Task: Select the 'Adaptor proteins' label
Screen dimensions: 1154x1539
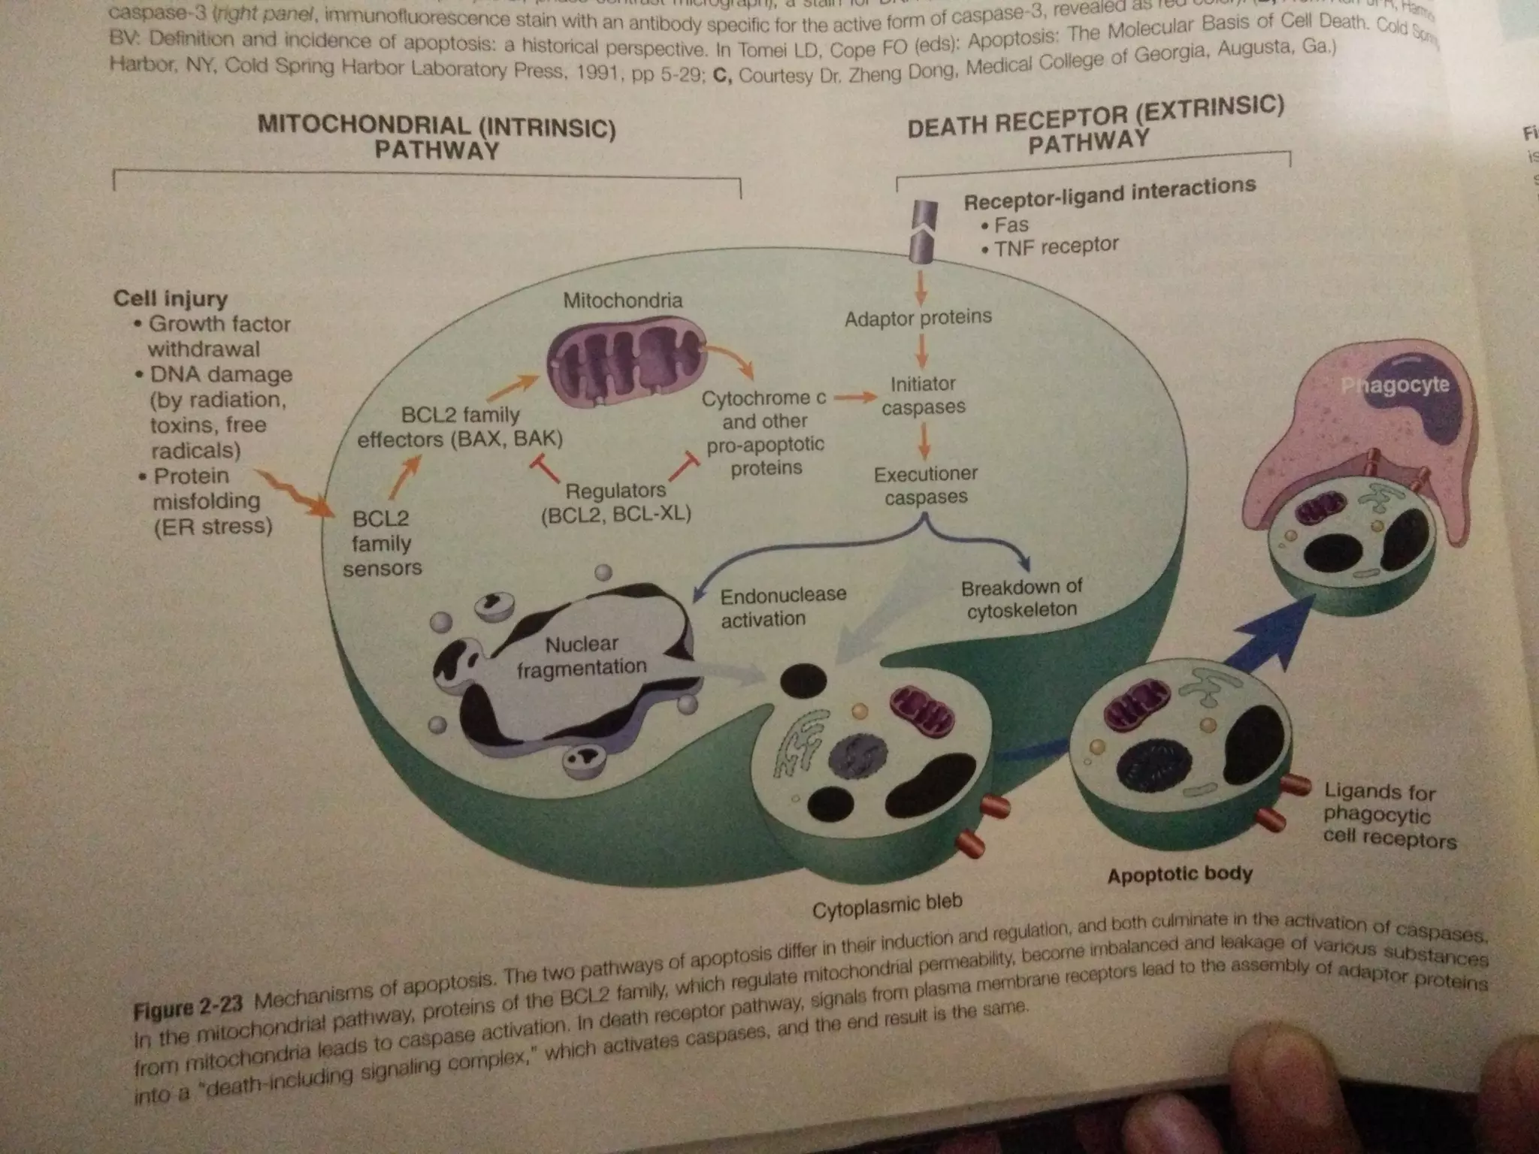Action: click(918, 318)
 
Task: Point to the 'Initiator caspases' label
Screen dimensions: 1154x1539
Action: click(923, 395)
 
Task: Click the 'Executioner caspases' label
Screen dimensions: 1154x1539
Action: click(925, 485)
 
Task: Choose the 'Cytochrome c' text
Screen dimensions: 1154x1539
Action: click(763, 397)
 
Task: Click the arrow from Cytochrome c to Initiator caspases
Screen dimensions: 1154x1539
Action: click(855, 397)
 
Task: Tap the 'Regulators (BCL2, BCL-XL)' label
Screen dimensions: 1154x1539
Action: click(615, 502)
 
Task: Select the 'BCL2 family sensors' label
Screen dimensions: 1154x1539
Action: click(382, 543)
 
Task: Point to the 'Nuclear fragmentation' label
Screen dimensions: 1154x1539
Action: click(582, 655)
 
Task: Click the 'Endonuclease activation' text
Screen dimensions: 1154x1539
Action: click(782, 607)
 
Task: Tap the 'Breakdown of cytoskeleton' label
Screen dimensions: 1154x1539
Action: click(1021, 598)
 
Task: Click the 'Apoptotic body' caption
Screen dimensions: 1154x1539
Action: click(1179, 875)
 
